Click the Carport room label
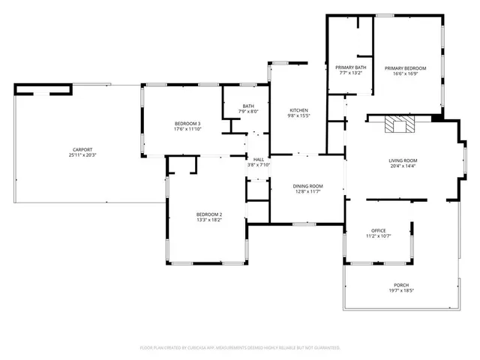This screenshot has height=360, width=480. point(82,149)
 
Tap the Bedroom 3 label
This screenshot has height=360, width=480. point(187,123)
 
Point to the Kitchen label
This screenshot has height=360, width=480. point(298,110)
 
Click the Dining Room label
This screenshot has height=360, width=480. point(307,186)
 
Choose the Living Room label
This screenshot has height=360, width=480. point(402,160)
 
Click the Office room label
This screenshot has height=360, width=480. point(379,230)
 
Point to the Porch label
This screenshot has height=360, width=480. point(401,285)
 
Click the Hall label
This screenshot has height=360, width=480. point(258,160)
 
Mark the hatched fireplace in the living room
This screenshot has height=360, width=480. point(398,124)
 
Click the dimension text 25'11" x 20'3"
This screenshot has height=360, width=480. point(82,155)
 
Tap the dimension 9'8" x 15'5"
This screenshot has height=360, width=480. point(298,116)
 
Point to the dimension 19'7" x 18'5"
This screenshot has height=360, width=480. point(401,291)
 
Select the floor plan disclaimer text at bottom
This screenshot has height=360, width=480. point(240,348)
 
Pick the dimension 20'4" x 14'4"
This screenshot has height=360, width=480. point(402,166)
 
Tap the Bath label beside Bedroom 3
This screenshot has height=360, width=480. point(248,106)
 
